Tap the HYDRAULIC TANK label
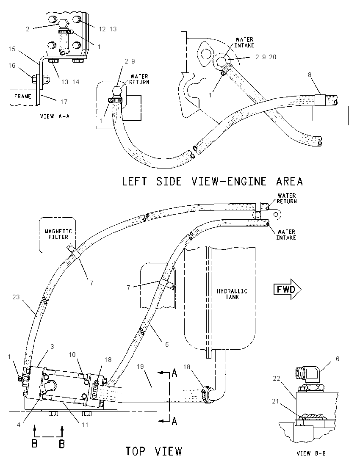point(232,294)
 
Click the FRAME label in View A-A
point(23,96)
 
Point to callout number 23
point(16,297)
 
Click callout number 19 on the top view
point(140,366)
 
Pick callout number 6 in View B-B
point(338,359)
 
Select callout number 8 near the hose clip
point(310,75)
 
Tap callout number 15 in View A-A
point(12,49)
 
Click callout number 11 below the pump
point(85,425)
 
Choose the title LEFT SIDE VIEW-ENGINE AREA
point(212,181)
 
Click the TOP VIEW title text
point(154,451)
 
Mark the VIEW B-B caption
point(311,453)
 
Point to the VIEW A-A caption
point(55,116)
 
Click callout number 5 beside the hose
point(167,344)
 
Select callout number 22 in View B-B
point(277,378)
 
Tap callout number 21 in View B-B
point(275,401)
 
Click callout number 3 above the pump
point(52,346)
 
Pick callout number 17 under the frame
point(64,102)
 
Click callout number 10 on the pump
point(72,354)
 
